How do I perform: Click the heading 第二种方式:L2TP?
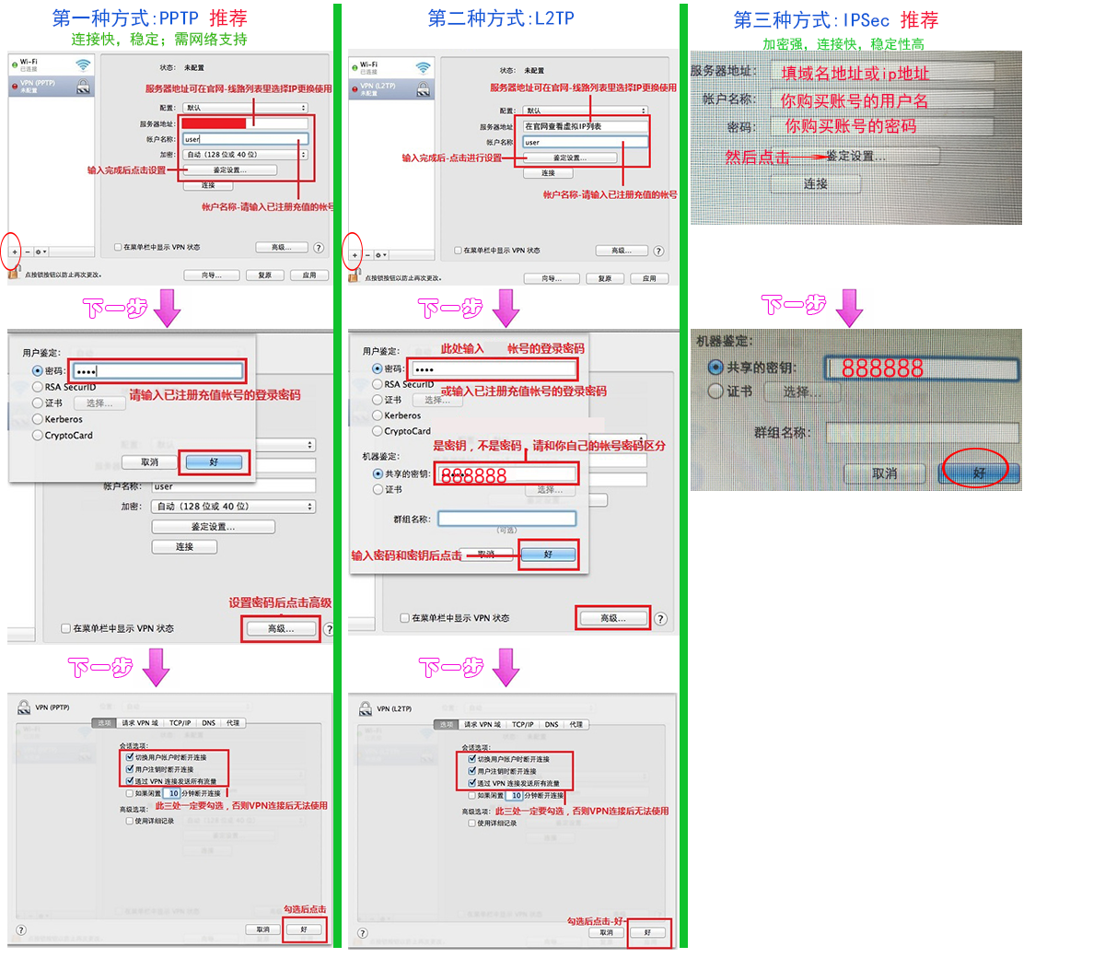pos(501,18)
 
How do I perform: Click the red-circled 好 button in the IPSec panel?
pos(978,473)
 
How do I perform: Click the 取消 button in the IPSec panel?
pos(884,473)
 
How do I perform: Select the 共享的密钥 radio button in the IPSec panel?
pos(715,368)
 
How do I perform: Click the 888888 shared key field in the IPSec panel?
pos(921,368)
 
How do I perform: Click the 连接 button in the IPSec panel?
pos(816,184)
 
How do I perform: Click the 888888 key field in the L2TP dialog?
pos(507,475)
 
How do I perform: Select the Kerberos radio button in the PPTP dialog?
pos(38,419)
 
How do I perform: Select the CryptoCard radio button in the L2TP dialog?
pos(378,431)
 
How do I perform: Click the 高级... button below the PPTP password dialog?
pos(281,628)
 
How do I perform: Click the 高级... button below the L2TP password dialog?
pos(612,618)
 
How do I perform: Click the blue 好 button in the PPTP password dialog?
pos(214,462)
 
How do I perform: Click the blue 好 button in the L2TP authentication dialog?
pos(548,555)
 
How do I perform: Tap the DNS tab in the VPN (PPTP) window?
pos(209,723)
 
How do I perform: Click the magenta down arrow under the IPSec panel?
pos(849,308)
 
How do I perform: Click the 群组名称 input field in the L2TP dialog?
pos(507,520)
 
